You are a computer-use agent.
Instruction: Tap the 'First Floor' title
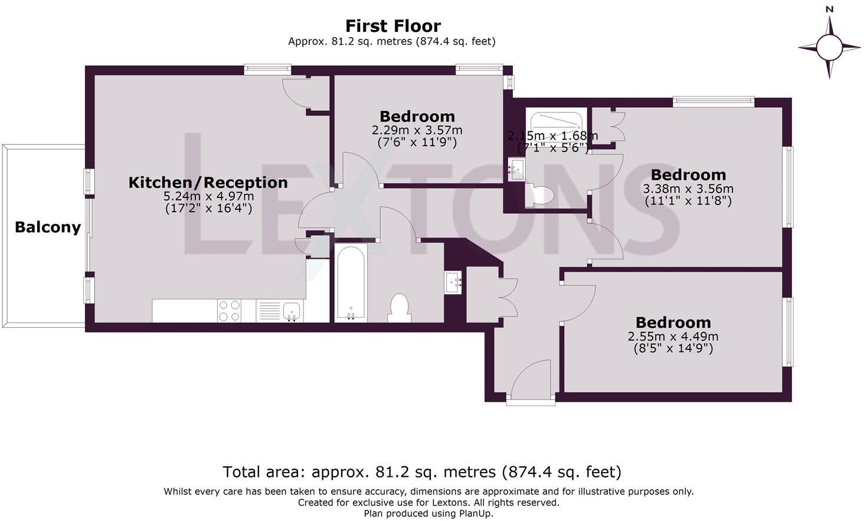tap(392, 26)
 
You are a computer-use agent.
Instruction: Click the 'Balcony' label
tap(47, 227)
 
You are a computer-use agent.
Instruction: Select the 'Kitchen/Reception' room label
tap(208, 183)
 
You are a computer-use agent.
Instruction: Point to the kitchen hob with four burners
tap(229, 311)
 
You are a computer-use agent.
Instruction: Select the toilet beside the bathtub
tap(400, 308)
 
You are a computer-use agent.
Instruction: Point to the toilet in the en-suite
tap(539, 195)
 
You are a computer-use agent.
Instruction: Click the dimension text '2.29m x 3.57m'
tap(417, 130)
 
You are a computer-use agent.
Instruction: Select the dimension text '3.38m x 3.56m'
tap(688, 189)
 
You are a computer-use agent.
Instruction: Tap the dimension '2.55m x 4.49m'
tap(673, 337)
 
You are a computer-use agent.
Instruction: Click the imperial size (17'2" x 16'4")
tap(208, 208)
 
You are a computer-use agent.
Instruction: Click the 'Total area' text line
tap(421, 472)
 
